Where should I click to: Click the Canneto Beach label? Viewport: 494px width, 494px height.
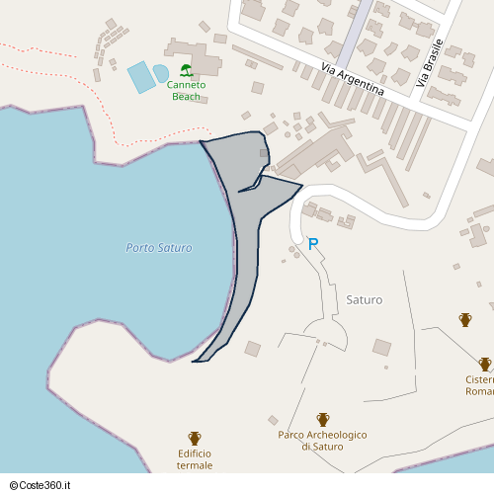pos(186,90)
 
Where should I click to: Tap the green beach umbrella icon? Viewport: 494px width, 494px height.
pos(186,70)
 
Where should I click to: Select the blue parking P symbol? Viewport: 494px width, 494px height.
pos(313,244)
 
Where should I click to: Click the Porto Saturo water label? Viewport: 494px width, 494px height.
pos(159,248)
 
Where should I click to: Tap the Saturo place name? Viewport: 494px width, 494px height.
pos(365,298)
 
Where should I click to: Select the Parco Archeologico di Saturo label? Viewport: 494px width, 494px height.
pos(322,441)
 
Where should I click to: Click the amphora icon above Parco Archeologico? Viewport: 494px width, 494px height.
pos(322,420)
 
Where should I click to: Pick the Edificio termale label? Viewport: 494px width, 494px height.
pos(195,458)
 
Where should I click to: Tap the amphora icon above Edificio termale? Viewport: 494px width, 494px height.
pos(195,438)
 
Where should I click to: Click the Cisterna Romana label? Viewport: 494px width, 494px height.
pos(479,385)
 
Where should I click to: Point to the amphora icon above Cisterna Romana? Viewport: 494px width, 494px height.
pos(485,364)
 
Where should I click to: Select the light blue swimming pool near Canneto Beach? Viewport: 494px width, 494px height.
pos(141,77)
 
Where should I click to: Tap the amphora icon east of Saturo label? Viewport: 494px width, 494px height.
pos(465,319)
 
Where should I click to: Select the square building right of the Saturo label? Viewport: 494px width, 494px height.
pos(381,347)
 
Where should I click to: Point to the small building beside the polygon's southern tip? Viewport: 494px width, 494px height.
pos(252,349)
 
